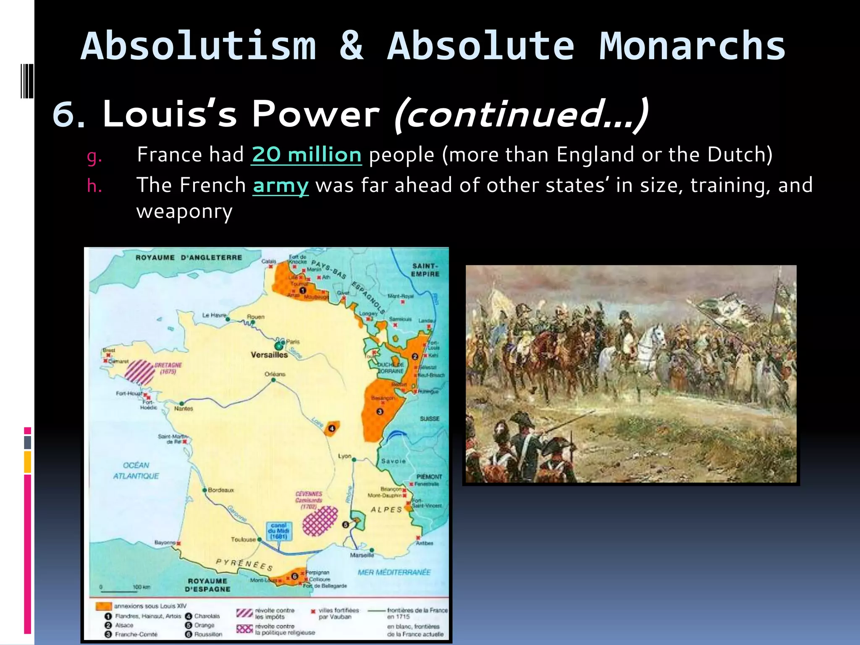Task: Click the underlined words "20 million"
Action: coord(306,155)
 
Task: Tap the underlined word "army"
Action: coord(281,185)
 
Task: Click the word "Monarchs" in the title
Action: coord(692,46)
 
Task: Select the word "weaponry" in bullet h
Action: coord(184,211)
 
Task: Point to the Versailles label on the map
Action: coord(269,355)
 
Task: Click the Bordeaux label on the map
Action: coord(221,490)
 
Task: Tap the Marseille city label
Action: coord(362,555)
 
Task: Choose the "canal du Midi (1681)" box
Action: coord(278,531)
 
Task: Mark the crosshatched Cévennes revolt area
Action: coord(320,521)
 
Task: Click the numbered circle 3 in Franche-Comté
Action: coord(380,412)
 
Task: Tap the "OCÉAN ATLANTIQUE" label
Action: coord(136,470)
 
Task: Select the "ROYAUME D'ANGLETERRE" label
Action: coord(189,257)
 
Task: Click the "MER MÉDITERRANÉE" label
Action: coord(394,572)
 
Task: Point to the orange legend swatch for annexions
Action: coord(104,606)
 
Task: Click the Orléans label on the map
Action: coord(275,374)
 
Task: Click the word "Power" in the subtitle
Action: coord(315,114)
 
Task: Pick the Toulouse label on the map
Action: coord(243,539)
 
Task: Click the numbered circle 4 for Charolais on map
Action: coord(332,428)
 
